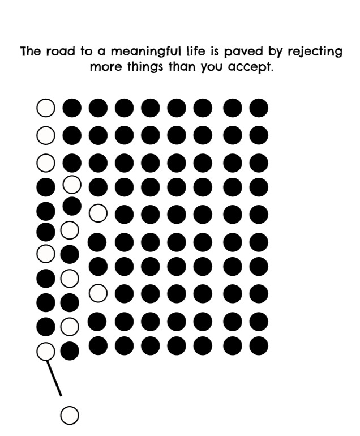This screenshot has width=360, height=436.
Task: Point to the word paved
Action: pyautogui.click(x=242, y=53)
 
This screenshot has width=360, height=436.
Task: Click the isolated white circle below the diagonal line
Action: pyautogui.click(x=69, y=415)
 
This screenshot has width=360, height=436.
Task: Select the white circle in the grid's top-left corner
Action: pyautogui.click(x=45, y=107)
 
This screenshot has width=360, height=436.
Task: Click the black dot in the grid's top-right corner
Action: pyautogui.click(x=259, y=107)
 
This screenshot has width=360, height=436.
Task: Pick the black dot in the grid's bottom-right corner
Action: pyautogui.click(x=259, y=345)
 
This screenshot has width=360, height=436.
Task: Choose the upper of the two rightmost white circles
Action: pyautogui.click(x=98, y=212)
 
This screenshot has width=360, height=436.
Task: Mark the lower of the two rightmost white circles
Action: pyautogui.click(x=98, y=293)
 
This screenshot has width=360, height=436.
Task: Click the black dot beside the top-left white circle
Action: pyautogui.click(x=71, y=107)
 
